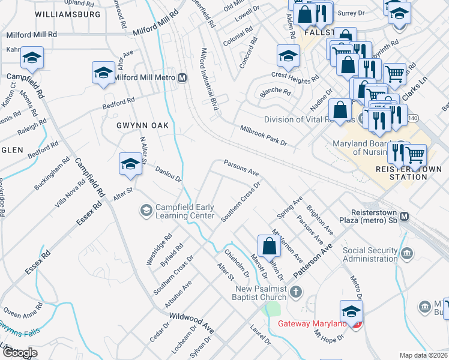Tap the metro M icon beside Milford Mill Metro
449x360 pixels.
tap(182, 78)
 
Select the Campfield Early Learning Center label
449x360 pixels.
tap(185, 211)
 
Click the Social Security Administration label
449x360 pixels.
tap(378, 254)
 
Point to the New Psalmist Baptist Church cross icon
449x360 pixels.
tap(295, 292)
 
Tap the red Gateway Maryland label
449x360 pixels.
tap(312, 324)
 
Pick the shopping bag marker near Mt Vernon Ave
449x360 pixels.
tap(269, 245)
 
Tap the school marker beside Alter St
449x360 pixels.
tap(130, 164)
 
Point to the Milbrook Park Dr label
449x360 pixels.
tap(264, 136)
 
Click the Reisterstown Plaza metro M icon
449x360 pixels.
tap(404, 216)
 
